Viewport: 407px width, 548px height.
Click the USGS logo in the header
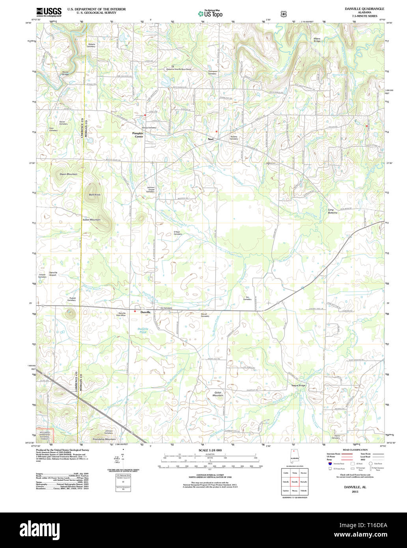(x=49, y=12)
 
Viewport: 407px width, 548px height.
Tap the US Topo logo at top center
(x=210, y=13)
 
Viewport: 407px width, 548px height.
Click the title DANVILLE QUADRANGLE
(x=365, y=9)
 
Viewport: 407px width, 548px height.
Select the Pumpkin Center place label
(x=138, y=135)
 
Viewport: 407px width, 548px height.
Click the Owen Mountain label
(x=68, y=174)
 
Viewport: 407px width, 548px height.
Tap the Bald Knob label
(x=95, y=195)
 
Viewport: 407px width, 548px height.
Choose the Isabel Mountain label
(x=91, y=220)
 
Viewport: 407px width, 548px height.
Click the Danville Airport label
(x=53, y=274)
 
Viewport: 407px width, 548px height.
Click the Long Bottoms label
(x=332, y=211)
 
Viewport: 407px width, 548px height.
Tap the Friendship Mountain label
(x=104, y=439)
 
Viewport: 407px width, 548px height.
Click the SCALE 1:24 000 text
(x=210, y=450)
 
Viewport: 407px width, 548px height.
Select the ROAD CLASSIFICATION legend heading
(x=355, y=450)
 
